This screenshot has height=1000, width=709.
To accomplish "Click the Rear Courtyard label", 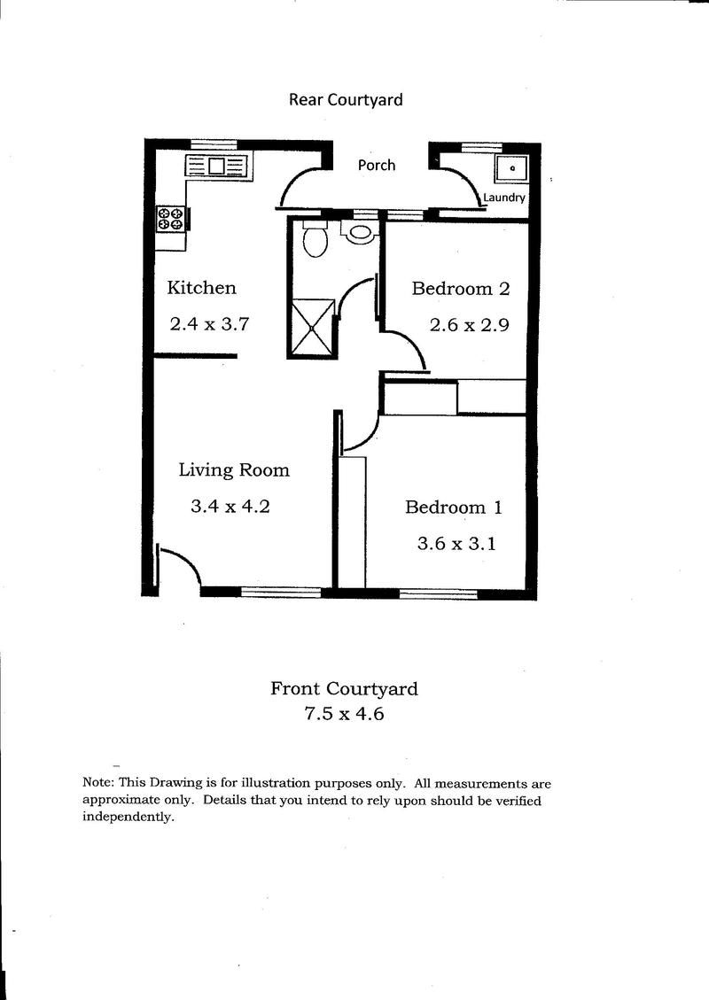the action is pyautogui.click(x=346, y=100).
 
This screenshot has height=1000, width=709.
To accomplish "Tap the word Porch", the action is pyautogui.click(x=377, y=165).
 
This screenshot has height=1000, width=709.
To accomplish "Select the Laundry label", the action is pyautogui.click(x=504, y=198).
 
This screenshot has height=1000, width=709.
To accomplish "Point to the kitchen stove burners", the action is pyautogui.click(x=171, y=219).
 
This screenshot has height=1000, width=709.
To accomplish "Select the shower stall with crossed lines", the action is pyautogui.click(x=312, y=327).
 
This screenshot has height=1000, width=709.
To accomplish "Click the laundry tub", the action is pyautogui.click(x=511, y=169).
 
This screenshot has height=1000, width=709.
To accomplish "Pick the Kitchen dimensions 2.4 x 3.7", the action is pyautogui.click(x=209, y=324).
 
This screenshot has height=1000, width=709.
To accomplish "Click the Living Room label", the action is pyautogui.click(x=234, y=470).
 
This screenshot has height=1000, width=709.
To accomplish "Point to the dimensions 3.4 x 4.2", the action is pyautogui.click(x=230, y=507).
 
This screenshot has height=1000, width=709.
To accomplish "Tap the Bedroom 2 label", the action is pyautogui.click(x=461, y=289).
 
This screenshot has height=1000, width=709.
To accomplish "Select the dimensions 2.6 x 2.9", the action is pyautogui.click(x=469, y=325).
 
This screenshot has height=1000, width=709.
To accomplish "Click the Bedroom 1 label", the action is pyautogui.click(x=454, y=508).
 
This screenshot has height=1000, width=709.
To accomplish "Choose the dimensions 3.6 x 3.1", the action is pyautogui.click(x=456, y=544).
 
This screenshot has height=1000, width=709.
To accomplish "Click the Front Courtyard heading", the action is pyautogui.click(x=344, y=689).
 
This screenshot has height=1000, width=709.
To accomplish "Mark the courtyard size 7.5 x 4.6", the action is pyautogui.click(x=344, y=714).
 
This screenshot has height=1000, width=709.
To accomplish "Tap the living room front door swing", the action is pyautogui.click(x=185, y=559).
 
